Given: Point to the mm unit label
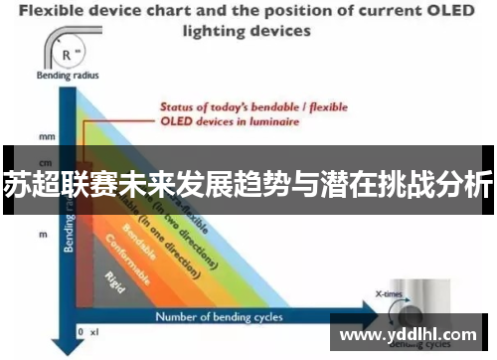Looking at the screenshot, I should click(47, 135).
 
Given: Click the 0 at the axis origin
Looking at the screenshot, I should click(81, 330).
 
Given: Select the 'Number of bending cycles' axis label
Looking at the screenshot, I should click(219, 317).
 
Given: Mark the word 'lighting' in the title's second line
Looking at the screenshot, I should click(209, 30).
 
